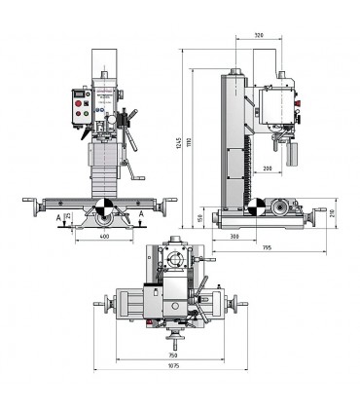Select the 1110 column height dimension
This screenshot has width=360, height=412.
[x=192, y=144]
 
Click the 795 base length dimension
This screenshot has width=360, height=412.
[x=266, y=247]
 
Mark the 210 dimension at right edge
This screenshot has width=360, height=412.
[x=334, y=212]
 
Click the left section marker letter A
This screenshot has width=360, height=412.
[x=59, y=216]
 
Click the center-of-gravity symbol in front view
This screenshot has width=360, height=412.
[x=101, y=207]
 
